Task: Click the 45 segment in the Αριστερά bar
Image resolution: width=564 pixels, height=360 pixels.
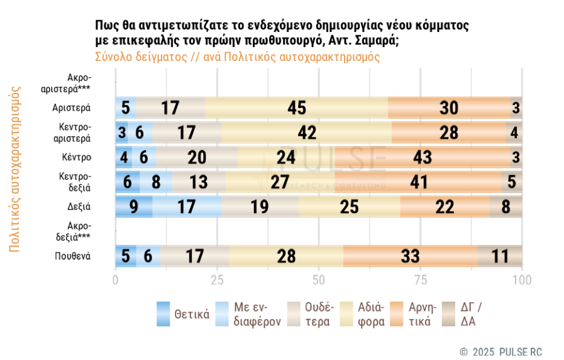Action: [x=297, y=107]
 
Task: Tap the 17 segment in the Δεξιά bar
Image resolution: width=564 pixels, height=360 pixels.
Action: [x=187, y=207]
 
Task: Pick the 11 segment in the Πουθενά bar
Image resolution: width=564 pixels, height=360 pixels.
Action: [x=500, y=256]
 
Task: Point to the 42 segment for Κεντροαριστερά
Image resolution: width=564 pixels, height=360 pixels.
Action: [x=306, y=133]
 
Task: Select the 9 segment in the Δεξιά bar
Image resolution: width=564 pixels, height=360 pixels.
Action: [x=134, y=207]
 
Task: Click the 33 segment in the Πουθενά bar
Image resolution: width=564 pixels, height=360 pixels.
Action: [x=411, y=256]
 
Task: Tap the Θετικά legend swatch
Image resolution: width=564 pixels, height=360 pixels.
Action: [x=163, y=314]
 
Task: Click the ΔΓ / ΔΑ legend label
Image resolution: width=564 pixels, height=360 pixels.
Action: [x=472, y=314]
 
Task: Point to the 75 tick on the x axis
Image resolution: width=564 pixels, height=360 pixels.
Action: [x=421, y=279]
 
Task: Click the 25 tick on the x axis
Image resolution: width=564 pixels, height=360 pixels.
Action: [x=218, y=279]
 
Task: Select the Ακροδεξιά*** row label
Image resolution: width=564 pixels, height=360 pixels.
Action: [x=78, y=231]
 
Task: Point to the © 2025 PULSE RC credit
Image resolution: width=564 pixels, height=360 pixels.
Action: [x=500, y=351]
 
